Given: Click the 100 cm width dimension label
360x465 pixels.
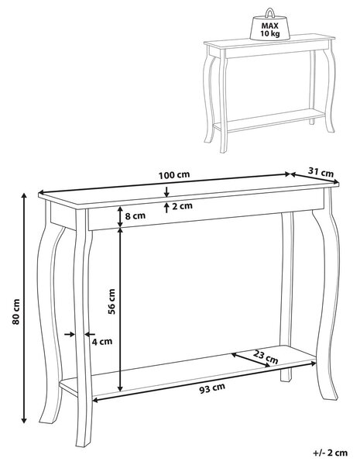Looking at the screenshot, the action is pyautogui.click(x=173, y=175).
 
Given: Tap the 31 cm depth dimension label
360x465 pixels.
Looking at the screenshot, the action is pyautogui.click(x=321, y=172).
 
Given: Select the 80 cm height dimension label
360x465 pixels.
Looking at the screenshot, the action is pyautogui.click(x=15, y=312).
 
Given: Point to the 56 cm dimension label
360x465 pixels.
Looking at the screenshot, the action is pyautogui.click(x=111, y=301).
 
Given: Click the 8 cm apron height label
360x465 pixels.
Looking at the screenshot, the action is pyautogui.click(x=135, y=215).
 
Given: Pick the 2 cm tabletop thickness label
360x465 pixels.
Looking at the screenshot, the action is pyautogui.click(x=182, y=205).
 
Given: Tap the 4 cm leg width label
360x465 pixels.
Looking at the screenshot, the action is pyautogui.click(x=102, y=341).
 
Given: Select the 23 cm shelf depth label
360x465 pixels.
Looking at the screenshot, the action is pyautogui.click(x=266, y=356).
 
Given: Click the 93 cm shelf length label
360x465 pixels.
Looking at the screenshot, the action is pyautogui.click(x=212, y=388).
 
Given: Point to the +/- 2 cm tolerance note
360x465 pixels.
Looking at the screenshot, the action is pyautogui.click(x=330, y=453).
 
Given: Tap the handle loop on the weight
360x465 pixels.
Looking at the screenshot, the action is pyautogui.click(x=269, y=12).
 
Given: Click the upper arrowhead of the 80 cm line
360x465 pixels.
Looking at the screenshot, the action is pyautogui.click(x=24, y=195).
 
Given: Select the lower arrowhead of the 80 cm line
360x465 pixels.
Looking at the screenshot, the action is pyautogui.click(x=24, y=420).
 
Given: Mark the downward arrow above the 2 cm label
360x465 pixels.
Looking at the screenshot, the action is pyautogui.click(x=166, y=192).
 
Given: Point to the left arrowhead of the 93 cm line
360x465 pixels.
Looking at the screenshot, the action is pyautogui.click(x=95, y=401).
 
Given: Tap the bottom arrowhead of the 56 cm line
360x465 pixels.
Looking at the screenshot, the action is pyautogui.click(x=120, y=388).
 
